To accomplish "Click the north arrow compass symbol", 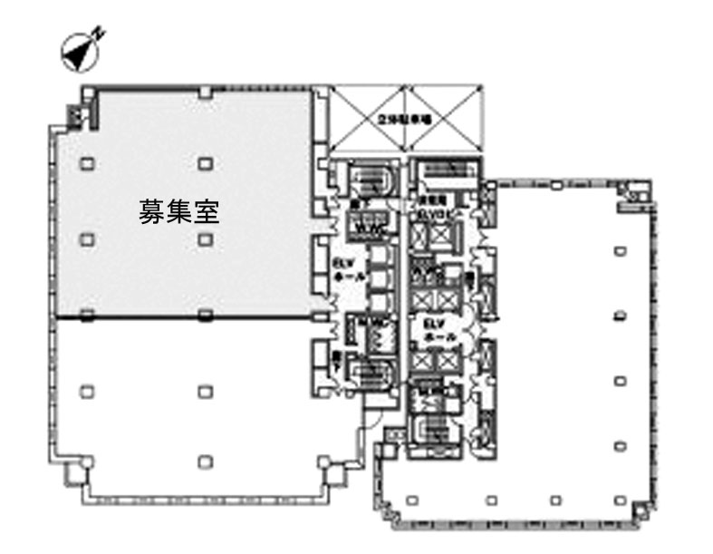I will [79, 53].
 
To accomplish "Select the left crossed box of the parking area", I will [363, 119].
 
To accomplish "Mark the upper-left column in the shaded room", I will [86, 163].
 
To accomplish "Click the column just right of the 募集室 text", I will [206, 238].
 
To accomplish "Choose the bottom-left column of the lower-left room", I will [86, 459].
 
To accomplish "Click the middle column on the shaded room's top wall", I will [207, 91].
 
